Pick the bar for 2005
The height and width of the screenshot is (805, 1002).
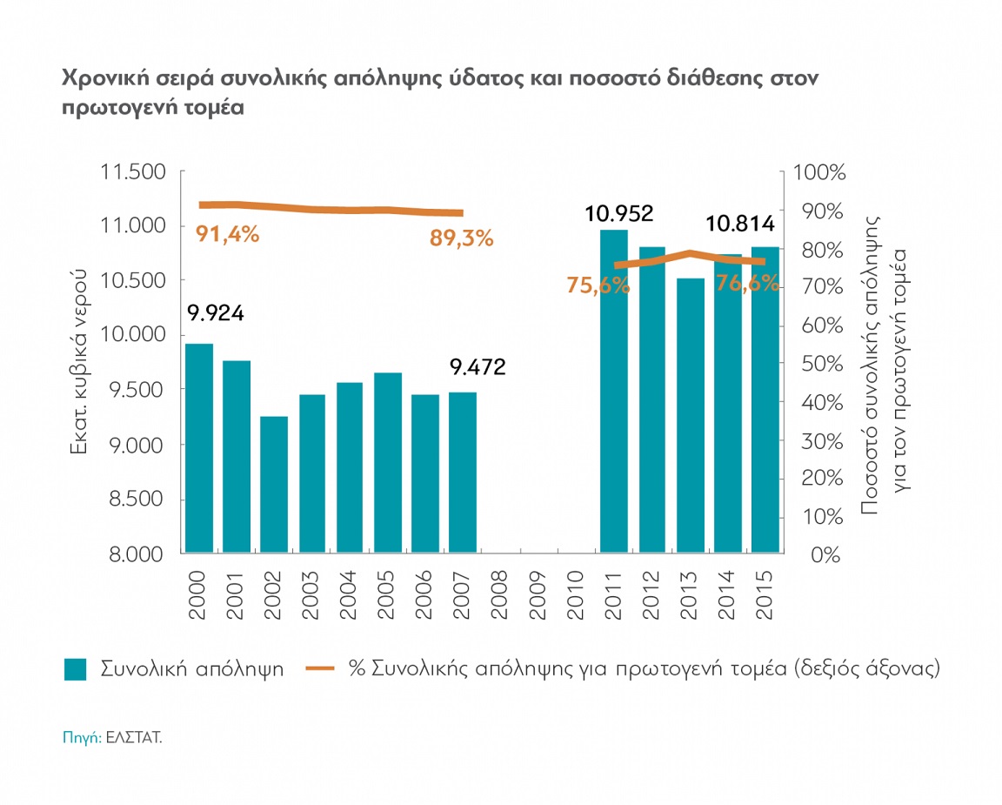pos(388,462)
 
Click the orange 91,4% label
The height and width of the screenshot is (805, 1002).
pos(228,234)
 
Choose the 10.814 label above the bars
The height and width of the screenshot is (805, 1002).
pos(740,225)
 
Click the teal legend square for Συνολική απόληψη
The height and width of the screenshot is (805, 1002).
pos(76,669)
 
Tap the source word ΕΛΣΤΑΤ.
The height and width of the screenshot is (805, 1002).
pos(134,736)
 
